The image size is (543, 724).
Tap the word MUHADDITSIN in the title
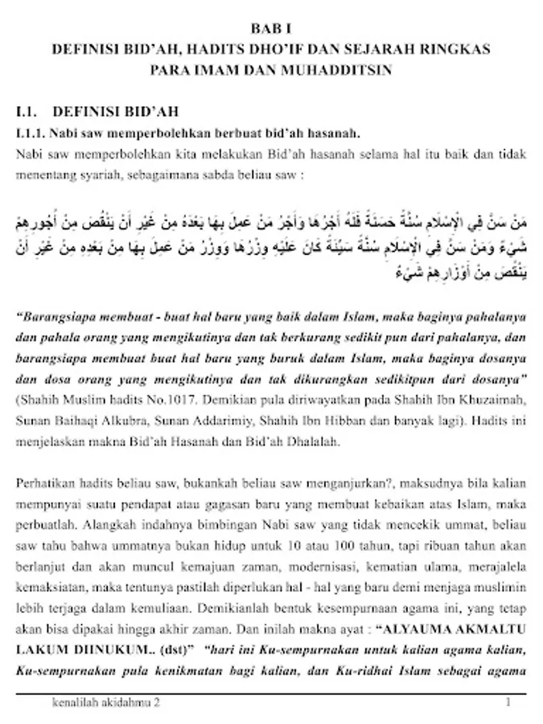(x=338, y=69)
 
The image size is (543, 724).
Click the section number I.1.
(x=28, y=110)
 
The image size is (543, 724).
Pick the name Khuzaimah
(x=492, y=399)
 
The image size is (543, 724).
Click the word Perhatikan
(x=46, y=483)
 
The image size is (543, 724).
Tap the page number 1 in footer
(x=508, y=701)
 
